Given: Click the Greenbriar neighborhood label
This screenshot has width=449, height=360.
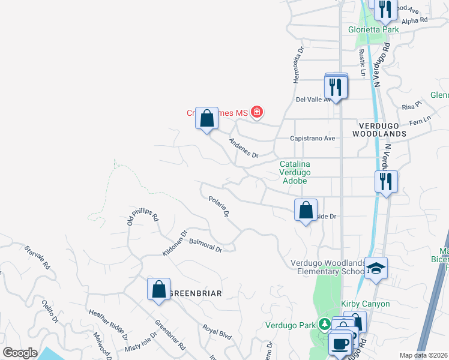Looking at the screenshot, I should click(196, 293).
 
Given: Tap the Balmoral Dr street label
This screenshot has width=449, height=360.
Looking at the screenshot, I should click(205, 245).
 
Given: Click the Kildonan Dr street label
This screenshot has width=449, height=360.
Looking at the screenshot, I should click(175, 244).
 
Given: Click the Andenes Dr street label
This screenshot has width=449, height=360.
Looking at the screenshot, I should click(243, 148).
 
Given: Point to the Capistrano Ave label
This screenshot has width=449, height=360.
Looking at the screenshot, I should click(312, 138).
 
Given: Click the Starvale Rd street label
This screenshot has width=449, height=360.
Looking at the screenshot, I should click(37, 257).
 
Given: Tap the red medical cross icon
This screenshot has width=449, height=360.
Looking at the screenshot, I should click(257, 112).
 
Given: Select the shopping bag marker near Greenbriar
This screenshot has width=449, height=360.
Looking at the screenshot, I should click(158, 289).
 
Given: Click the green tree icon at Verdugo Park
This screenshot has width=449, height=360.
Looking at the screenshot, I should click(325, 325).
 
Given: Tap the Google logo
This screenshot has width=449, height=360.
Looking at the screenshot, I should click(20, 353).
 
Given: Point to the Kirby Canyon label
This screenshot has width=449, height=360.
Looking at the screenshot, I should click(366, 304).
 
